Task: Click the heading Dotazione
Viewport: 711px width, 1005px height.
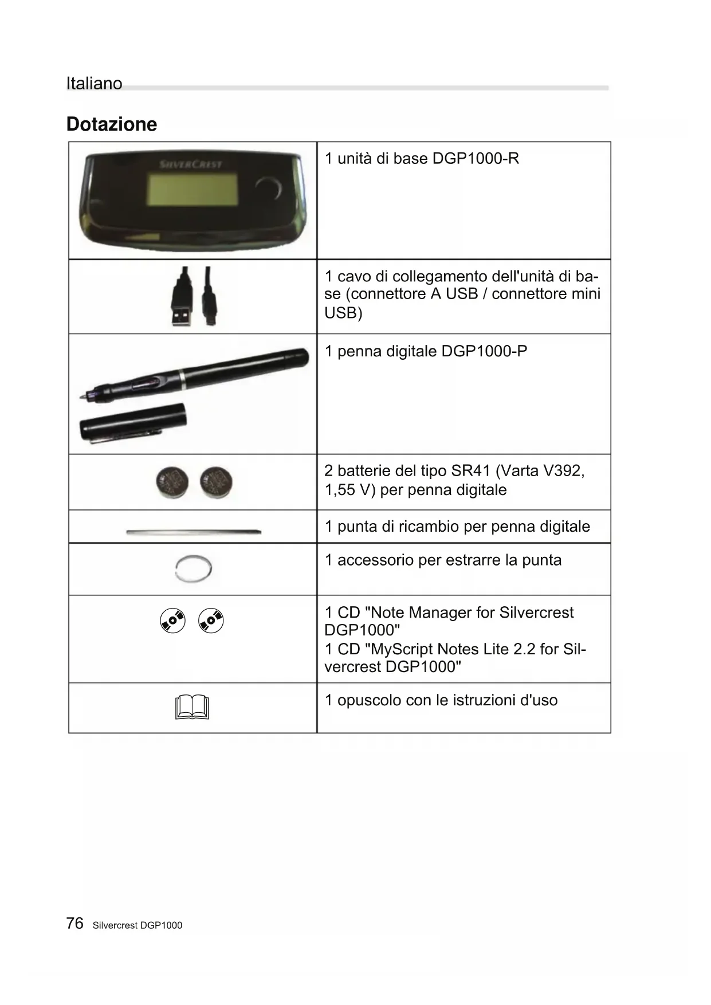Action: click(112, 124)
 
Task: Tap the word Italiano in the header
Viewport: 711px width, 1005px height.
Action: click(94, 84)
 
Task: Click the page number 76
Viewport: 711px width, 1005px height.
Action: click(74, 923)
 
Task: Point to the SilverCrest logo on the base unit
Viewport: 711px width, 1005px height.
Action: click(191, 164)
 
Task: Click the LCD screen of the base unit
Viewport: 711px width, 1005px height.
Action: click(193, 190)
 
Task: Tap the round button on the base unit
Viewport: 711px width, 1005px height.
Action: click(268, 189)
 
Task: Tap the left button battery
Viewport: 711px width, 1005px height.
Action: click(172, 481)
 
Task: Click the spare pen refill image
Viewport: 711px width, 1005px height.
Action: click(194, 532)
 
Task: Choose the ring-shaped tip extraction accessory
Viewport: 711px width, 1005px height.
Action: click(194, 569)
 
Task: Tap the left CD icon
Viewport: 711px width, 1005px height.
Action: click(173, 621)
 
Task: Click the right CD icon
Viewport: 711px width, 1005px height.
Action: click(211, 621)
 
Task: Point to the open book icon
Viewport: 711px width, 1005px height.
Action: click(193, 707)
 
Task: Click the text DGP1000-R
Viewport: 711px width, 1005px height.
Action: click(476, 159)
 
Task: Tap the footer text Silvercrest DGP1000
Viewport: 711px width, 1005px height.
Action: click(138, 925)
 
